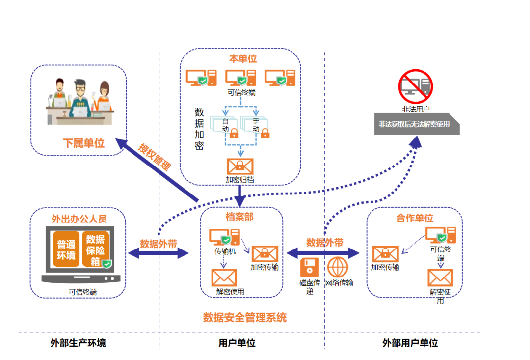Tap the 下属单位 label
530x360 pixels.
pyautogui.click(x=83, y=143)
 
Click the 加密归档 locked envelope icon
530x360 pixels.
pyautogui.click(x=240, y=166)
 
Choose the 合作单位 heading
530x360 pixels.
pyautogui.click(x=415, y=218)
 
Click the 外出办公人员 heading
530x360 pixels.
pyautogui.click(x=79, y=218)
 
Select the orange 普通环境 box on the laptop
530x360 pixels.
pyautogui.click(x=66, y=249)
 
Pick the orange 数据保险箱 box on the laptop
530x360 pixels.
pyautogui.click(x=95, y=249)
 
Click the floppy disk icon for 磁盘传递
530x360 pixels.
pyautogui.click(x=310, y=268)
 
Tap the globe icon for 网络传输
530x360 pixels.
pyautogui.click(x=338, y=268)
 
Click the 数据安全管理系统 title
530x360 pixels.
pyautogui.click(x=245, y=317)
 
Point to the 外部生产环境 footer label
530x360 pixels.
pyautogui.click(x=78, y=343)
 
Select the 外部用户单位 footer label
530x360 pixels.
pyautogui.click(x=410, y=343)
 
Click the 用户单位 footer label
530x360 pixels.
pyautogui.click(x=237, y=343)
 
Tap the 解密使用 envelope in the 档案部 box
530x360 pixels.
pyautogui.click(x=224, y=277)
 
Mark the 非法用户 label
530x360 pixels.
pyautogui.click(x=415, y=109)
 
